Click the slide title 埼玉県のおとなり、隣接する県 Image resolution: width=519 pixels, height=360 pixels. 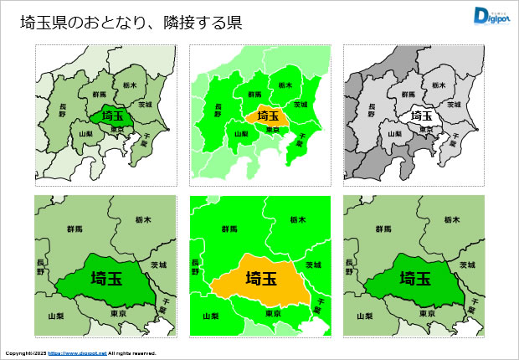[x=131, y=23]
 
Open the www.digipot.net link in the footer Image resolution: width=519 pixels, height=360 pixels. [x=78, y=353]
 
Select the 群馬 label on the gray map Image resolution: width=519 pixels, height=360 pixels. [x=407, y=95]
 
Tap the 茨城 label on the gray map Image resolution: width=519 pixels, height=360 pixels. [x=454, y=105]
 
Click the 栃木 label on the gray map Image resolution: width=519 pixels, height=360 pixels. [x=439, y=85]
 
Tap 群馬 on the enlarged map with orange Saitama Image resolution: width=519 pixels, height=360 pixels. [x=229, y=229]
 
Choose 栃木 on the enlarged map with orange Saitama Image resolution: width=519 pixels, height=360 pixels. [x=298, y=219]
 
